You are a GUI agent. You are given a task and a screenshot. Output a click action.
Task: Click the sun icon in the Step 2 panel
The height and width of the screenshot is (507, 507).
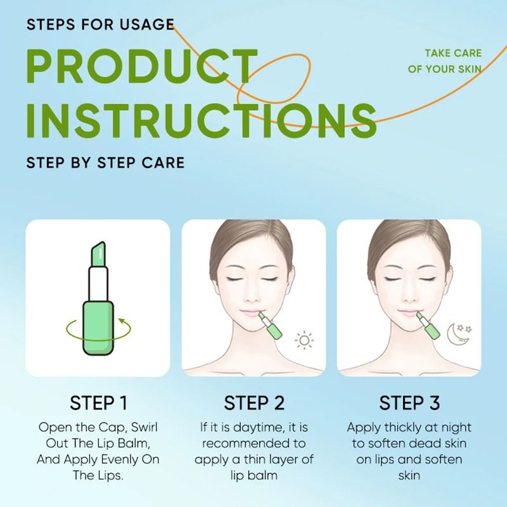[304, 340]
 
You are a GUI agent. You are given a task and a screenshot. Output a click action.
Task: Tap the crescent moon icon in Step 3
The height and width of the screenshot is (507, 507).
[454, 335]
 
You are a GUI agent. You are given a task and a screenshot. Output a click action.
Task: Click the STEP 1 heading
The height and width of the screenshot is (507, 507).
[99, 403]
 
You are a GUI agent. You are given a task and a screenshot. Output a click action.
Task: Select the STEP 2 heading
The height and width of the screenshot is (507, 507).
[254, 403]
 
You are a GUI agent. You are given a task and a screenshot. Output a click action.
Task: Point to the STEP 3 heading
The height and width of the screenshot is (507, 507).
[409, 403]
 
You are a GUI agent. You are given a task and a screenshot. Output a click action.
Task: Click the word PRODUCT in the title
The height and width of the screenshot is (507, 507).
[142, 66]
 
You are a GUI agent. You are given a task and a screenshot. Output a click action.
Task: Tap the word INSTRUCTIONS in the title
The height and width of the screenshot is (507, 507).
[202, 120]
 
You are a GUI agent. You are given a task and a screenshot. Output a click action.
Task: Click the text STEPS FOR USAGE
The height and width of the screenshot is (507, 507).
[101, 25]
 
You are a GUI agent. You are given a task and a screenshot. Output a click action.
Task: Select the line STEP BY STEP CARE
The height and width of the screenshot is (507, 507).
[105, 162]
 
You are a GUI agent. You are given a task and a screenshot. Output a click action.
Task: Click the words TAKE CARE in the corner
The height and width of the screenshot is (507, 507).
[453, 53]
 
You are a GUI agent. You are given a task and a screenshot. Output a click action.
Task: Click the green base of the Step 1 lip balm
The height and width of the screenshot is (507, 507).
[98, 328]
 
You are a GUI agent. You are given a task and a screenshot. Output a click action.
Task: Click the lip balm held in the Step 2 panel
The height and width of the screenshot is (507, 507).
[270, 325]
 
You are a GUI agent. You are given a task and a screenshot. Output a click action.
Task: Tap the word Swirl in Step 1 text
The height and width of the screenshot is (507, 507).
[144, 427]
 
